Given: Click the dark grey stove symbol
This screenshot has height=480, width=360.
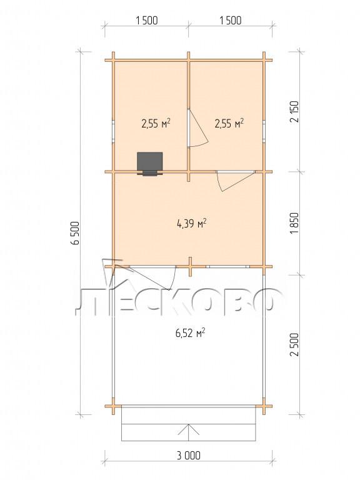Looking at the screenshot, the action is tap(149, 164).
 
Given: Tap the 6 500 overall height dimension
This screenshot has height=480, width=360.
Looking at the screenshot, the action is tap(75, 233).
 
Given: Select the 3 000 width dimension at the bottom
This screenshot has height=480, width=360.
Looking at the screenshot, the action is tap(189, 455).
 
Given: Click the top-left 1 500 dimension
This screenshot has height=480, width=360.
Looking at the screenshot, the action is tap(146, 21).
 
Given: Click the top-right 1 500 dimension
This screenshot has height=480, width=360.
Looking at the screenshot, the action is tap(230, 21).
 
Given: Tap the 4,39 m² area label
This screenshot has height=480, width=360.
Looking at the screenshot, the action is tap(192, 223).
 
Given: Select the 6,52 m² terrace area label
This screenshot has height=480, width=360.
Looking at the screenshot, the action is tap(190, 332).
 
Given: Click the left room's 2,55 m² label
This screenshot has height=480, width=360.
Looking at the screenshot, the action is tap(156, 123).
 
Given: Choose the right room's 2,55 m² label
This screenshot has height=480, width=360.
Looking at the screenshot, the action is tap(229, 123).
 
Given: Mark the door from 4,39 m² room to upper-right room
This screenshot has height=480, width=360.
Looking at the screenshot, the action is tap(236, 181).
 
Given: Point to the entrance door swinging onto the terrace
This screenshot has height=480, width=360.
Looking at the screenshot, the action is tap(144, 277).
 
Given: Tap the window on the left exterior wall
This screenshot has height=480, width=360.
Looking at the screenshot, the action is tap(113, 131).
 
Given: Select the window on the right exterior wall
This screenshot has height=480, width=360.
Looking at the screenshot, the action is tap(264, 131).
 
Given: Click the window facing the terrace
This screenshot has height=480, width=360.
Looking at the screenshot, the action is tap(227, 267).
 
